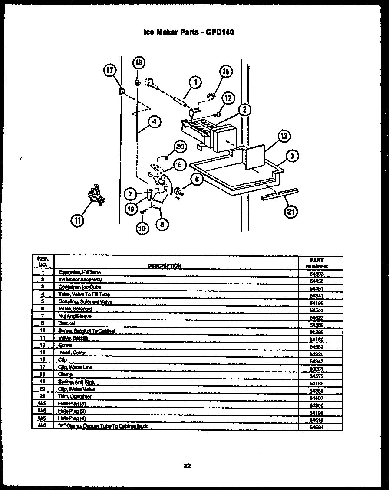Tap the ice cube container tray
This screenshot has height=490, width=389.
click(x=234, y=176)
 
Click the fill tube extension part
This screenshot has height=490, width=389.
click(x=179, y=103)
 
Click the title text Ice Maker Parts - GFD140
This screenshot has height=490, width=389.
click(x=188, y=32)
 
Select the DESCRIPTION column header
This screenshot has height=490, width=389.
click(x=165, y=265)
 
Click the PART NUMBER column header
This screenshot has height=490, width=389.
click(x=316, y=263)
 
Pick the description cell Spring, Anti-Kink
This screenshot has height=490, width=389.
click(x=76, y=382)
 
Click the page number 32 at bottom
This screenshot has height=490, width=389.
click(x=187, y=466)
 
